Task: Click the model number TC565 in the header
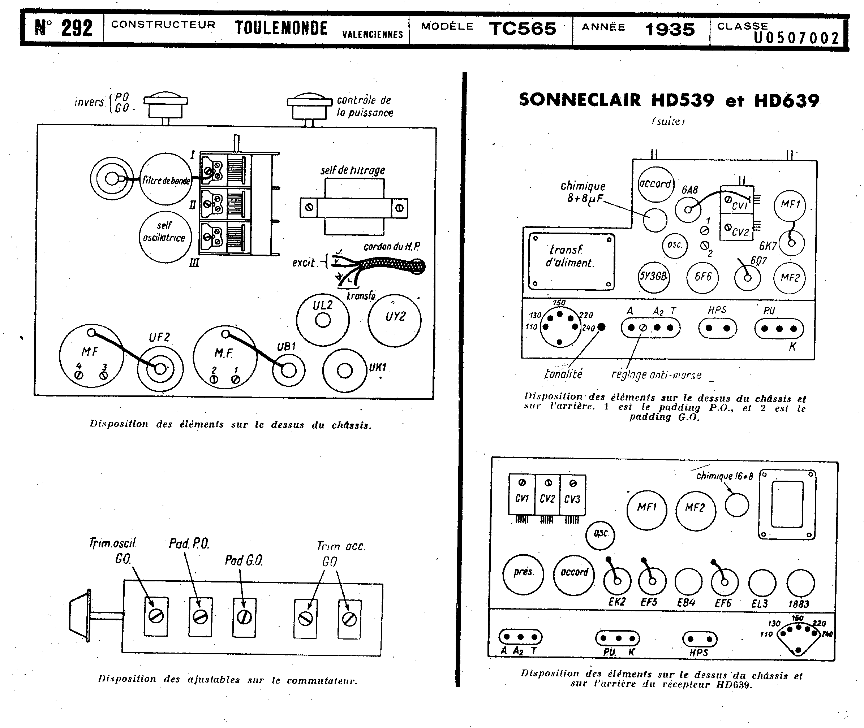tap(523, 29)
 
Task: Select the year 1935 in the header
tap(670, 30)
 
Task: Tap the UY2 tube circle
tap(394, 320)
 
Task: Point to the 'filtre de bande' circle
tap(166, 179)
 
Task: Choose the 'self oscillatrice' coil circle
tap(165, 237)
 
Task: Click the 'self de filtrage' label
tap(353, 170)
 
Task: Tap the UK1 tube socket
tap(344, 370)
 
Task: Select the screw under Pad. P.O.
tap(200, 617)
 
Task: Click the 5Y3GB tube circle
tap(653, 277)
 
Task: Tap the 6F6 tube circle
tap(702, 277)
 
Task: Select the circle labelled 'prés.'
tap(523, 574)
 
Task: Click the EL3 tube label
tap(760, 604)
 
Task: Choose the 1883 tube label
tap(798, 604)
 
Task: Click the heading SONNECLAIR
tap(580, 100)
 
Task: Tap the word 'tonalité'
tap(563, 374)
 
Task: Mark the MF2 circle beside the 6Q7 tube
tap(789, 278)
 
